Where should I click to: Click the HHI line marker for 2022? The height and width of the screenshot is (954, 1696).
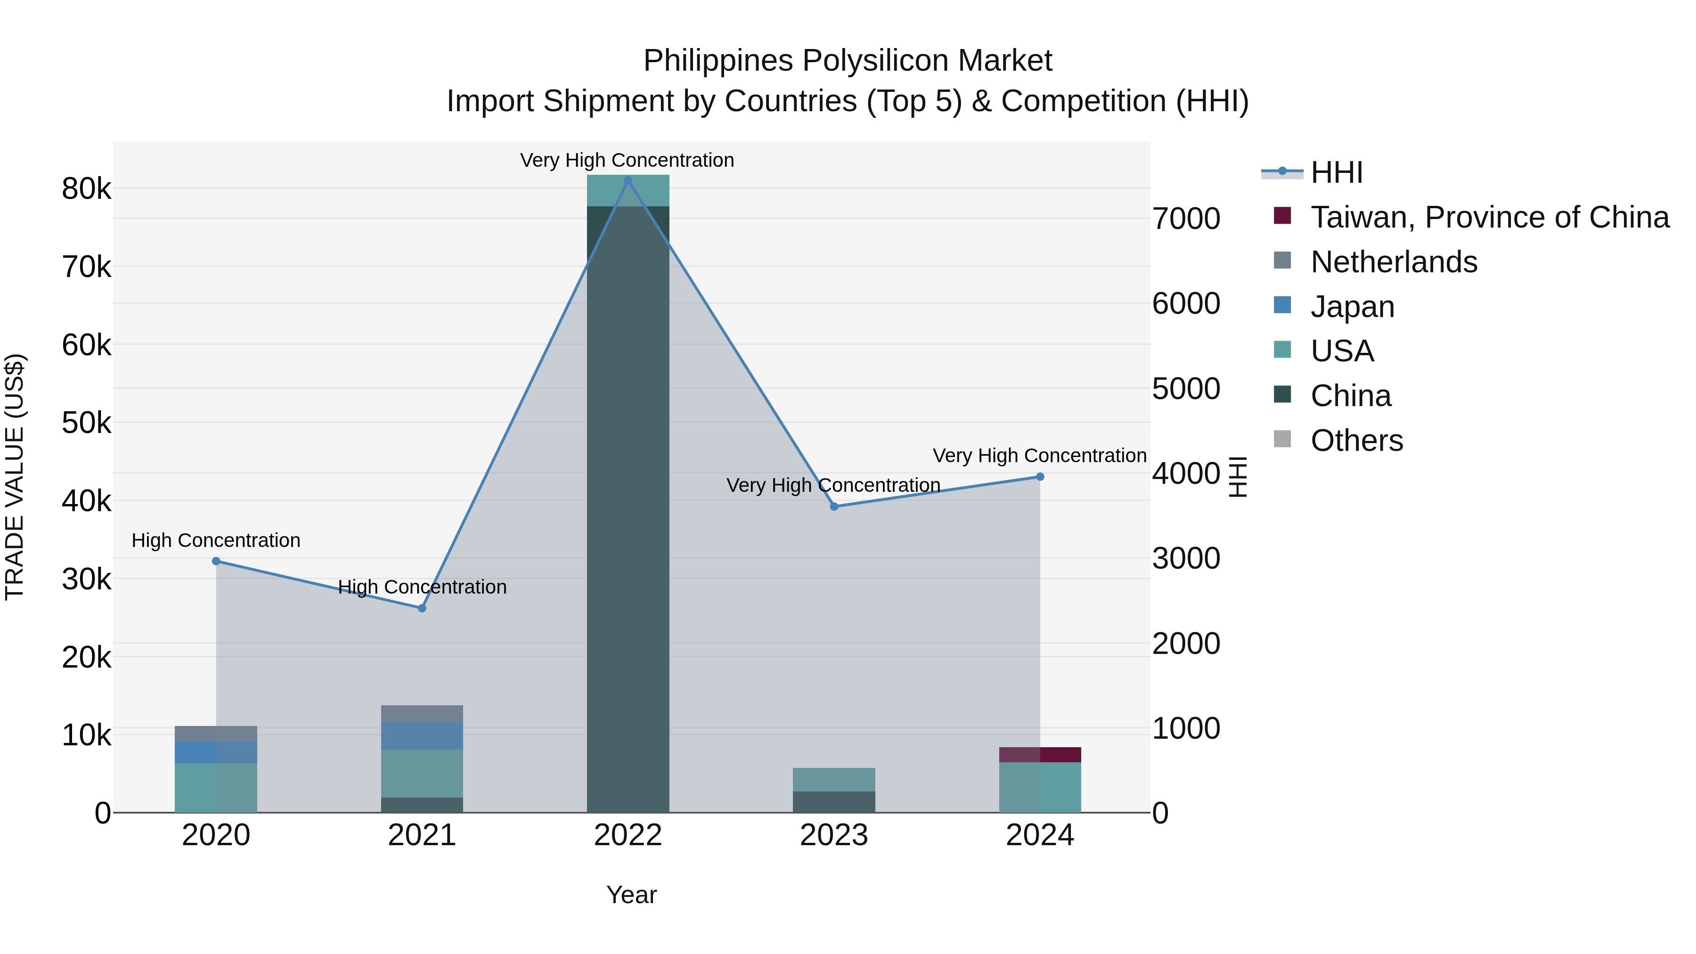click(628, 180)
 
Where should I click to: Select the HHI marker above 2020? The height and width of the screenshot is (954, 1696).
click(216, 561)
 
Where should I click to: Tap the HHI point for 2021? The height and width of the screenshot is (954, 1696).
click(422, 608)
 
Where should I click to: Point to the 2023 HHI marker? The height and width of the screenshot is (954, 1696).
click(834, 506)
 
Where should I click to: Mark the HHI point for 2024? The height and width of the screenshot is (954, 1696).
click(1040, 477)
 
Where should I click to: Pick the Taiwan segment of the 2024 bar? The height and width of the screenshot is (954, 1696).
click(1040, 755)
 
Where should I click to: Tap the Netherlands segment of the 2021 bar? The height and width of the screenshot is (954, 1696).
click(422, 713)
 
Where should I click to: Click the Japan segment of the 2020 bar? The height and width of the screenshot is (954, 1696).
click(216, 752)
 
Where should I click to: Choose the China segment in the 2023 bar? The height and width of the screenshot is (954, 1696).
click(834, 801)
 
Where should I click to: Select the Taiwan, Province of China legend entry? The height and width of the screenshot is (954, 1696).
click(1489, 217)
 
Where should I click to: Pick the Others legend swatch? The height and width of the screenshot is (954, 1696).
click(1282, 439)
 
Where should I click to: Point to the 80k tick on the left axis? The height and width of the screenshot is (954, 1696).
click(86, 189)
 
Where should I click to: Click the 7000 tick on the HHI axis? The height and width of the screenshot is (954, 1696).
click(1186, 219)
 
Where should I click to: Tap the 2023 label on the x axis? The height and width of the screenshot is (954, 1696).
click(834, 835)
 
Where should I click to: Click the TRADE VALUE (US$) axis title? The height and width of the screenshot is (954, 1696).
click(15, 477)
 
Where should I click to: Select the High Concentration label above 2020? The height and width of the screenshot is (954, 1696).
click(216, 540)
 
